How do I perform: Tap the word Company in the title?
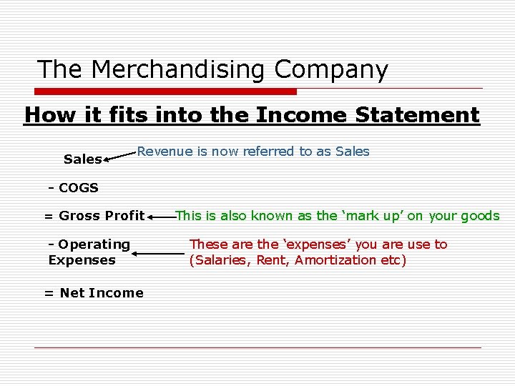coord(331,70)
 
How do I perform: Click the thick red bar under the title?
coord(166,91)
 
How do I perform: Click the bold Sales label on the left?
coord(82,159)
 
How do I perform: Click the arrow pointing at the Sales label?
coord(119,156)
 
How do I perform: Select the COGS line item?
coord(74,188)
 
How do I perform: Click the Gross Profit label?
coord(94,216)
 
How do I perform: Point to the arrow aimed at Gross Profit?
coord(161,215)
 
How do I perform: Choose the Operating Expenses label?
coord(89,252)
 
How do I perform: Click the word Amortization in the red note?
coord(335,260)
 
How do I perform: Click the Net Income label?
coord(94,292)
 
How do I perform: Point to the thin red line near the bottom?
coord(257,347)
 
